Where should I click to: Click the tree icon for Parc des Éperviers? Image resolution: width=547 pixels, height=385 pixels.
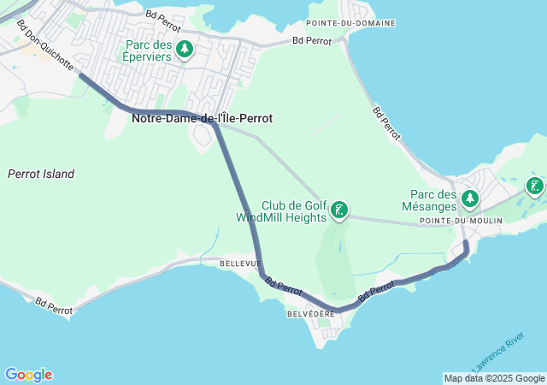tap(184, 49)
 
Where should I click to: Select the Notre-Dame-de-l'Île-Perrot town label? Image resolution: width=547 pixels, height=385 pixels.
tap(202, 118)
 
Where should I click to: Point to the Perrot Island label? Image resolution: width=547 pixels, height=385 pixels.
tap(41, 174)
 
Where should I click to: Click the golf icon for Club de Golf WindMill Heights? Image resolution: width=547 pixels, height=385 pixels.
tap(339, 210)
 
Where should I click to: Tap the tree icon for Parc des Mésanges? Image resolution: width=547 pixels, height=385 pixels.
tap(469, 199)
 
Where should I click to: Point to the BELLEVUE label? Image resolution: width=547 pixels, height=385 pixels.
tap(239, 264)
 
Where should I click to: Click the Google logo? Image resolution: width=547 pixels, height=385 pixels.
tap(28, 375)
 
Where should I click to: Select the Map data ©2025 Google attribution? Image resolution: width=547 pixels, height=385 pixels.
tap(494, 378)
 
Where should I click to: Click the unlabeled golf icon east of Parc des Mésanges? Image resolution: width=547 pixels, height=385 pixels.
tap(535, 186)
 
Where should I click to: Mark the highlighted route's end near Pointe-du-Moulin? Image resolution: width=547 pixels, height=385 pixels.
tap(466, 245)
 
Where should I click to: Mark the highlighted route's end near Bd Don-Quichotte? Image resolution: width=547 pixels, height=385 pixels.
tap(82, 76)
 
